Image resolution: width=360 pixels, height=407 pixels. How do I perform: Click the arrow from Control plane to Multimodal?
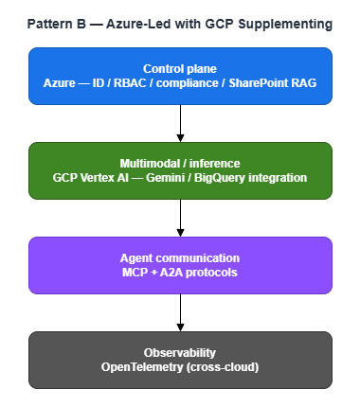coord(180,122)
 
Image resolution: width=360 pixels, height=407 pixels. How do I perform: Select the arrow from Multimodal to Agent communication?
coord(180,217)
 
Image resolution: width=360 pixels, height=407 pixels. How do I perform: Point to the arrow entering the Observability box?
coord(180,311)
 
